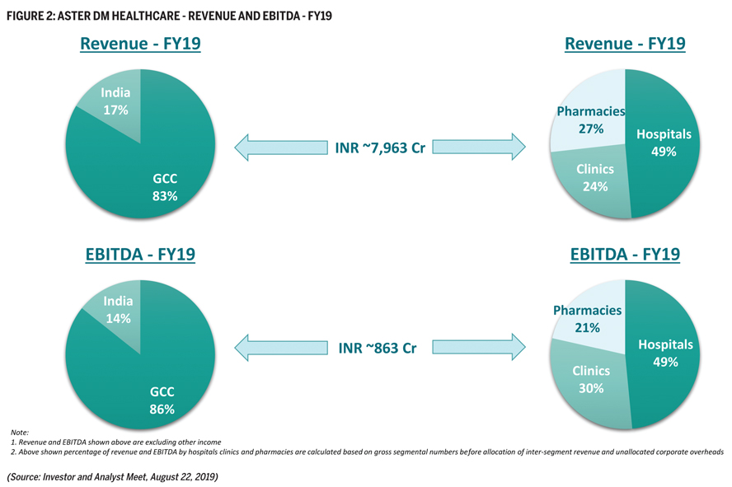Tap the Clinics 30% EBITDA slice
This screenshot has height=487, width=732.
(x=590, y=380)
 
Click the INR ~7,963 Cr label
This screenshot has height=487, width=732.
(x=380, y=148)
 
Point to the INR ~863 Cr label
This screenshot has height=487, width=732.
(x=378, y=348)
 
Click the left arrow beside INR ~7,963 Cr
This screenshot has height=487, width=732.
(x=281, y=148)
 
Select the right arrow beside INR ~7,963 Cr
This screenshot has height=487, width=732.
(x=479, y=147)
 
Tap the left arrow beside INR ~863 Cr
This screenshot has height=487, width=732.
(x=281, y=348)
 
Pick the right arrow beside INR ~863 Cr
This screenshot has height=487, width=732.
(x=479, y=347)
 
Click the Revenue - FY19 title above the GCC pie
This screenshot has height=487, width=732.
(x=140, y=44)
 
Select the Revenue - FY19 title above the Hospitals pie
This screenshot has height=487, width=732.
(x=625, y=44)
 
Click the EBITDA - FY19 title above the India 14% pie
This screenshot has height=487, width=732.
(x=140, y=255)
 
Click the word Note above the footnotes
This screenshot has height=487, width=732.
(x=20, y=433)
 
